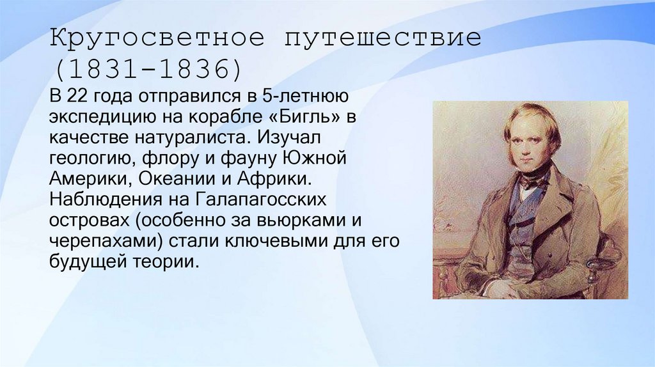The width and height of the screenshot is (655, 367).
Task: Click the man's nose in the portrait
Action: tap(526, 142)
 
